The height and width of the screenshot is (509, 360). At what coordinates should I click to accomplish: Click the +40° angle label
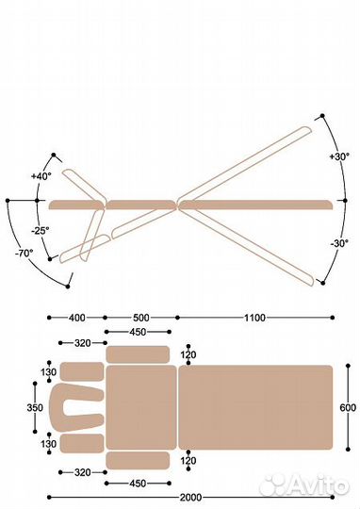41,176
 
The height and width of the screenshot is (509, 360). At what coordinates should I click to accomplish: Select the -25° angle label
41,231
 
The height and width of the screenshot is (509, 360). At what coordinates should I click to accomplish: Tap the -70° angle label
25,254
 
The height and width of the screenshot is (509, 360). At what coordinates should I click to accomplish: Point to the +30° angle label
339,156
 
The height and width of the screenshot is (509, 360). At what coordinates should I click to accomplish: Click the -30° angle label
339,243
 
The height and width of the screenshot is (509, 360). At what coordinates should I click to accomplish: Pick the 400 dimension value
77,318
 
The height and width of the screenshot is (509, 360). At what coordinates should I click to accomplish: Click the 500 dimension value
141,318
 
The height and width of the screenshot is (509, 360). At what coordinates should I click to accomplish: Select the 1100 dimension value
254,318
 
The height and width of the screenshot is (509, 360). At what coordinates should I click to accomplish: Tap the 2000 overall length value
190,497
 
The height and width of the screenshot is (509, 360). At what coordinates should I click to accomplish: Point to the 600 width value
348,408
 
